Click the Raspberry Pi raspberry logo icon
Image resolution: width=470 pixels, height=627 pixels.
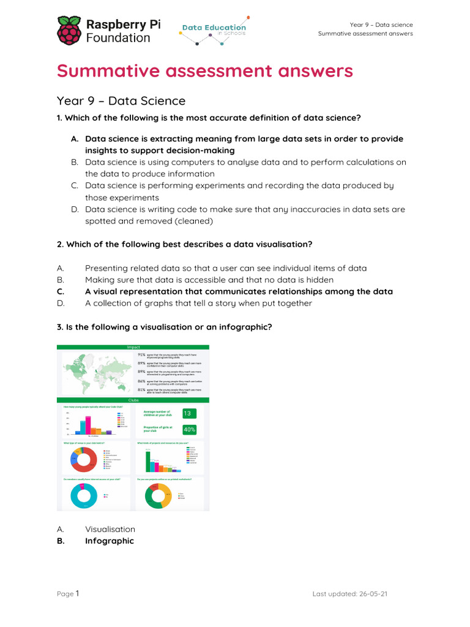tap(69, 31)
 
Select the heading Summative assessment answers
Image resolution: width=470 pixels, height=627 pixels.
tap(205, 71)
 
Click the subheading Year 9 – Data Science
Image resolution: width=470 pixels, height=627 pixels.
tap(121, 101)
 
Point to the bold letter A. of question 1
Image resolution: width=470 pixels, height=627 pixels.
tap(74, 139)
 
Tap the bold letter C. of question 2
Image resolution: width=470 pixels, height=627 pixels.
tap(61, 291)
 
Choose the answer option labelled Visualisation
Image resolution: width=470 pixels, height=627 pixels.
tap(110, 529)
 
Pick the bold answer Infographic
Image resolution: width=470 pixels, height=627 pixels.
tap(110, 541)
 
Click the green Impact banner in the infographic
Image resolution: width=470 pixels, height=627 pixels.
tap(133, 347)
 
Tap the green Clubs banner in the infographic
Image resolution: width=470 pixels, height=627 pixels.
tap(133, 400)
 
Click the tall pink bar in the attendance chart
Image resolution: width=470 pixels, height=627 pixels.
tap(88, 424)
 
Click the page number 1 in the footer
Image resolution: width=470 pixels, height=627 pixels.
tap(78, 593)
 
